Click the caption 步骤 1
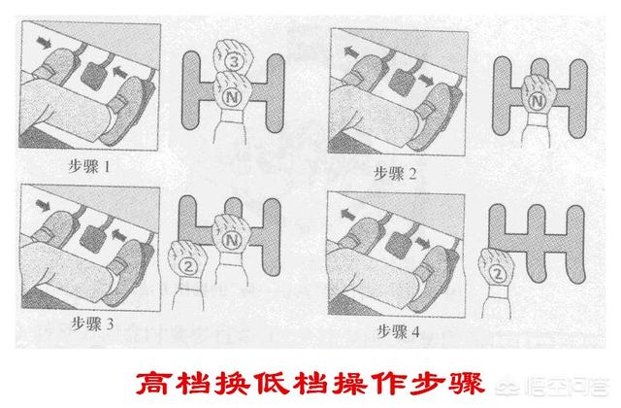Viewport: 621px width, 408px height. pos(89,166)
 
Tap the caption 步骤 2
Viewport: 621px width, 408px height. pos(395,173)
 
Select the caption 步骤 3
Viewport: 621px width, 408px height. pos(92,323)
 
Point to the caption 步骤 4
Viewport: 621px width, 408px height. pos(398,331)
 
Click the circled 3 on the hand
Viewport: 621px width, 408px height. pos(234,61)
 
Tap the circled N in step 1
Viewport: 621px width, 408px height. pos(232,97)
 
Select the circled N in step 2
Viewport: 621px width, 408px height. pos(537,101)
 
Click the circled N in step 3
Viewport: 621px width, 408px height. pos(232,240)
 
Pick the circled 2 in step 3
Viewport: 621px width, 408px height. pos(187,265)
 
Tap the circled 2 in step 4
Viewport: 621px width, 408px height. pos(498,274)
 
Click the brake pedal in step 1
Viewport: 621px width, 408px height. pos(93,74)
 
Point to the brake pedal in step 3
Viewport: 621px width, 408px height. pos(93,238)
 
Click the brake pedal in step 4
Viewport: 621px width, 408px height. pos(400,243)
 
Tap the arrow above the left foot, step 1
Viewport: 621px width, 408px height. pos(44,42)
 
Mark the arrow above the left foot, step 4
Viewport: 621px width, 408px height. pos(347,215)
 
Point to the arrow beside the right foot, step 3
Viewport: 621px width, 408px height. pos(119,235)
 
